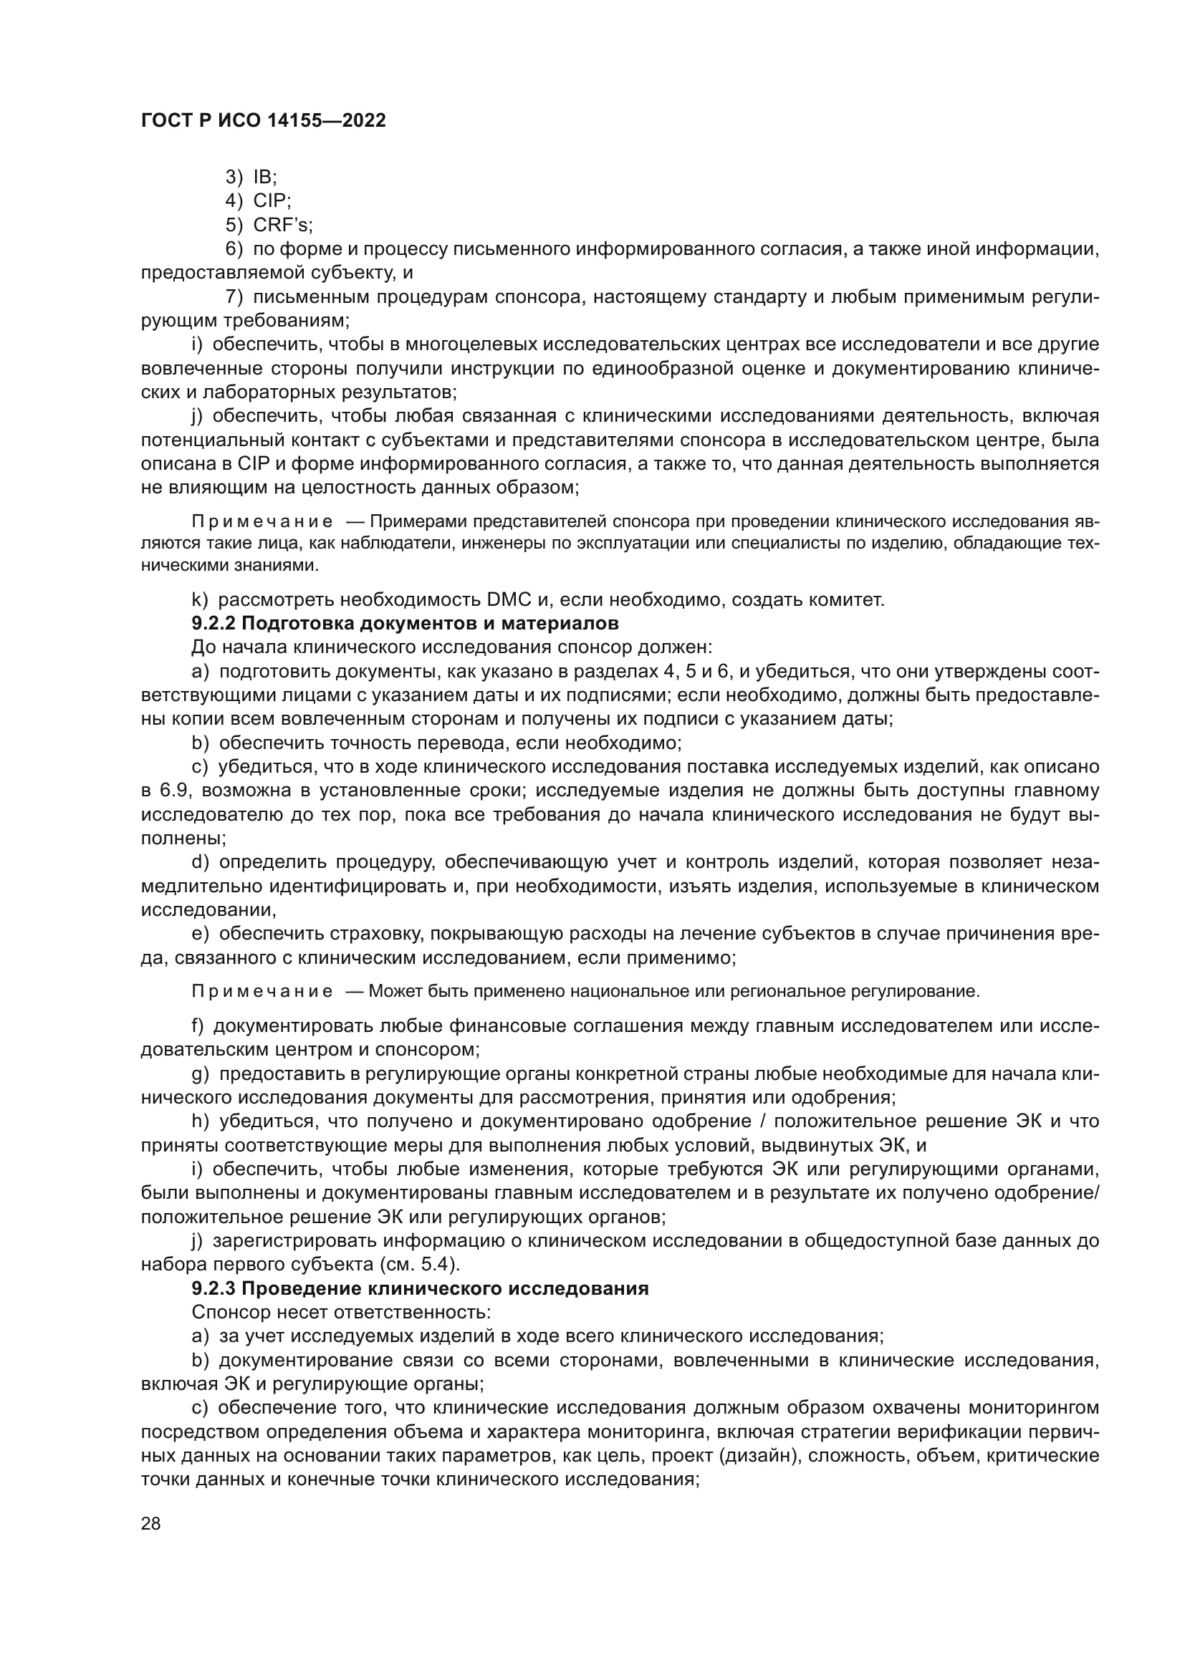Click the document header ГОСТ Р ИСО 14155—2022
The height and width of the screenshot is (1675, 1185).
(263, 121)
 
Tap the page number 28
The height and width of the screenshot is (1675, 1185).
(151, 1523)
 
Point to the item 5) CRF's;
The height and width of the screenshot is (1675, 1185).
(269, 225)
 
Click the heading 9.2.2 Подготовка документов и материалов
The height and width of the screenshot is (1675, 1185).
(405, 624)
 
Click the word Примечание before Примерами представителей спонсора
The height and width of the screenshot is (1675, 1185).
(262, 521)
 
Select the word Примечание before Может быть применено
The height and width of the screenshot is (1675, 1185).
(262, 991)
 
